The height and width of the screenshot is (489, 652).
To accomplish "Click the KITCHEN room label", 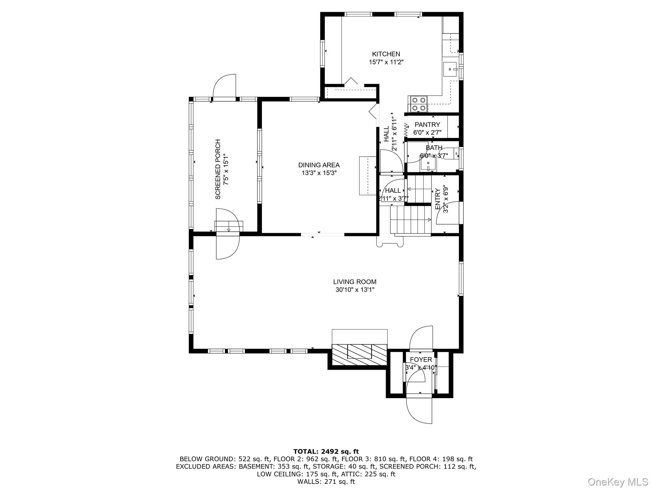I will tap(386, 54).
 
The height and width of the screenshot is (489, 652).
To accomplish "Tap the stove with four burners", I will tap(419, 104).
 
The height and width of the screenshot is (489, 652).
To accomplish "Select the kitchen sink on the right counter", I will tap(450, 69).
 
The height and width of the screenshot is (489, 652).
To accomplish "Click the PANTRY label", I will tap(427, 125).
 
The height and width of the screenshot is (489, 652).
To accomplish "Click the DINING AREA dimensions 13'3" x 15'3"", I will tap(319, 173).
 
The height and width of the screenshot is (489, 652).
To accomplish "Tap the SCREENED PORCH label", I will tap(218, 169).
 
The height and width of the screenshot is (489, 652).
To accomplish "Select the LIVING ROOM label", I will tap(355, 282).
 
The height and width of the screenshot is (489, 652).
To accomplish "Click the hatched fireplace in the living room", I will tap(359, 355).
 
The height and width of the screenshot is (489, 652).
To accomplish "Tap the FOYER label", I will tap(421, 360).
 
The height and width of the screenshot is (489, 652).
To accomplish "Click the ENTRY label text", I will tap(437, 199).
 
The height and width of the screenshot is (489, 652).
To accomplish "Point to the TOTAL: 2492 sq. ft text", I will tap(326, 451).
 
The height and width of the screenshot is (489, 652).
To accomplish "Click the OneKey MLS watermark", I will tap(618, 481).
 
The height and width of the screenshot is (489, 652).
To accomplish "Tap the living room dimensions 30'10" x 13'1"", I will tap(355, 290).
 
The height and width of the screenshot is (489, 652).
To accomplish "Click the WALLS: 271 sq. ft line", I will tap(326, 482).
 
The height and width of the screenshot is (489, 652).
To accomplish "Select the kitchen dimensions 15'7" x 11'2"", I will tap(386, 62).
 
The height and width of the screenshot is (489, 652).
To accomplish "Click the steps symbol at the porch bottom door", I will tap(229, 226).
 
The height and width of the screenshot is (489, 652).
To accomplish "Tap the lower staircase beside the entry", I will tap(411, 219).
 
